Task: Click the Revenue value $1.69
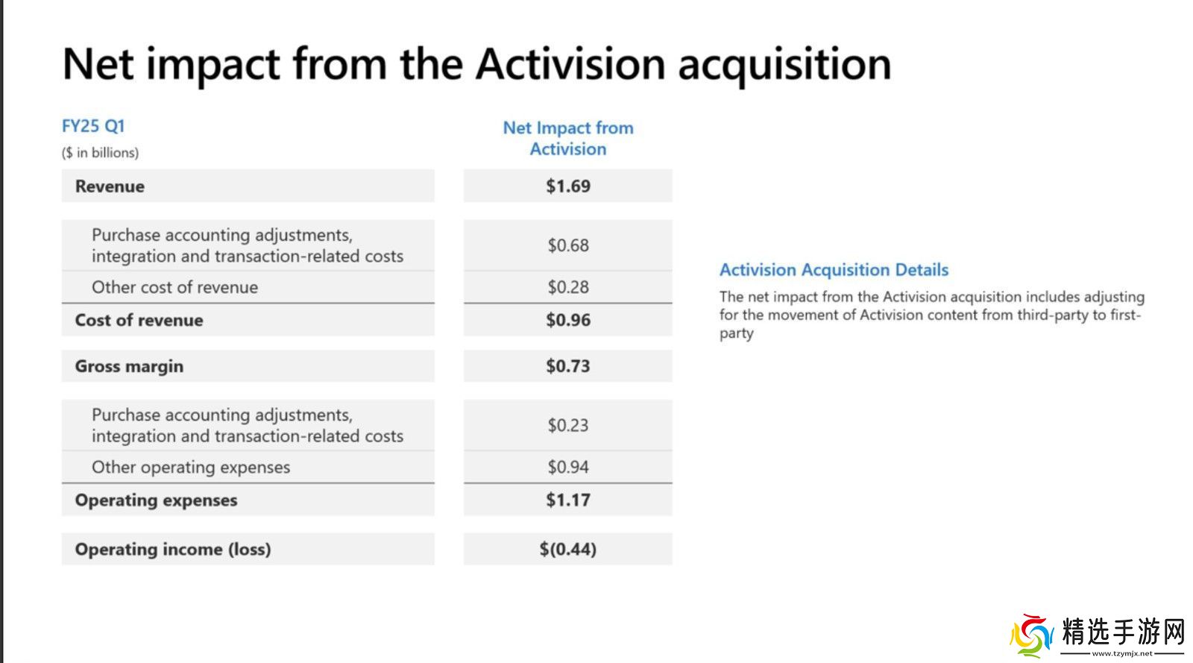[x=567, y=186]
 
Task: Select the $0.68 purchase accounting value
[x=567, y=245]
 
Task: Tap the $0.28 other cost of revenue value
[x=567, y=287]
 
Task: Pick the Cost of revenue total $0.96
[x=567, y=319]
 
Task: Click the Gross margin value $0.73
[x=567, y=366]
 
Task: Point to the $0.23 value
[x=567, y=425]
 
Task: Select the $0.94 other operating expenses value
[x=567, y=467]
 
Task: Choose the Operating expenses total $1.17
[x=567, y=500]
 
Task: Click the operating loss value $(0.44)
[x=567, y=548]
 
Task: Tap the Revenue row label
[x=110, y=186]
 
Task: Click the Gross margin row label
[x=130, y=366]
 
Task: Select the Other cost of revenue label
[x=174, y=287]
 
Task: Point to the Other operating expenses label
[x=191, y=467]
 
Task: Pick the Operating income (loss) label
[x=173, y=549]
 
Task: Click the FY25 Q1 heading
[x=93, y=126]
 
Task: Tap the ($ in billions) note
[x=100, y=153]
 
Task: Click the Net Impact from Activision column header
[x=568, y=139]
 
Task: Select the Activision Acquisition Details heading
[x=834, y=270]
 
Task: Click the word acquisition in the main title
[x=784, y=65]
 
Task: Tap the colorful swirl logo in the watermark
[x=1032, y=635]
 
